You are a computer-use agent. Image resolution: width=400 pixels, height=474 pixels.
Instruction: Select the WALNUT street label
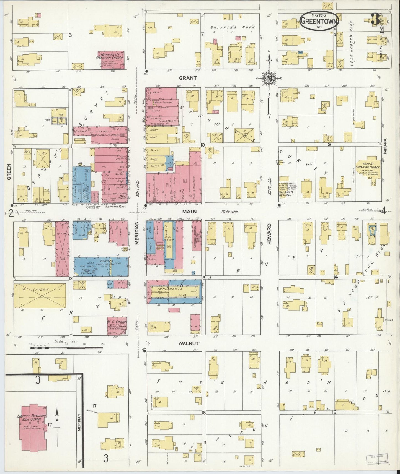point(189,343)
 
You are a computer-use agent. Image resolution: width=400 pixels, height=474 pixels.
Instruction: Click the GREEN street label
point(8,172)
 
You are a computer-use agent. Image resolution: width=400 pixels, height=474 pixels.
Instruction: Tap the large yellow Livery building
point(40,295)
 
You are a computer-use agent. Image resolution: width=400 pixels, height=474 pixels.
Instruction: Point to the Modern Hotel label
point(115,207)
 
